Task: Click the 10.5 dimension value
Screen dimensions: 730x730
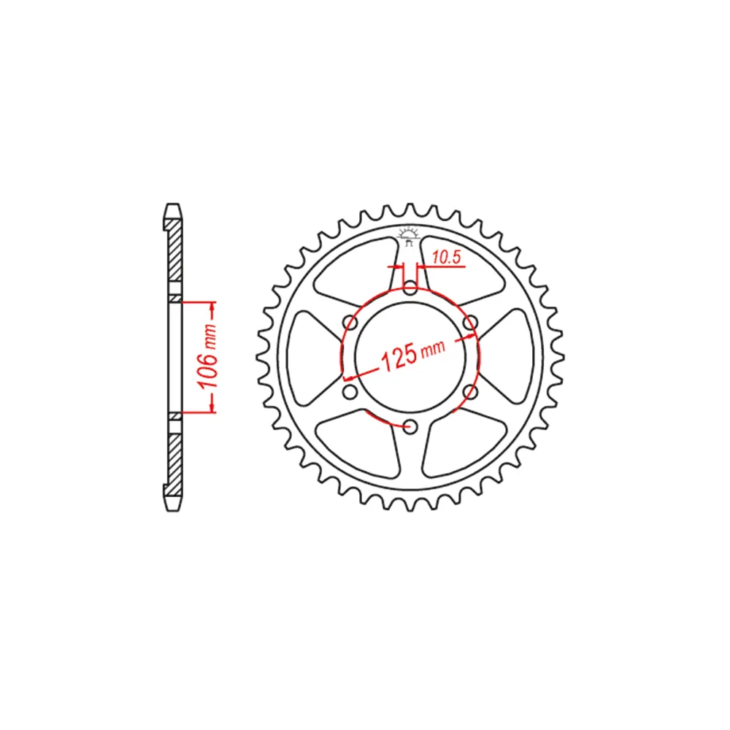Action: pos(446,258)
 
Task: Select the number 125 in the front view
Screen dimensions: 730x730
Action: pos(399,358)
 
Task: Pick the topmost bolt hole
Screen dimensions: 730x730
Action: pos(410,287)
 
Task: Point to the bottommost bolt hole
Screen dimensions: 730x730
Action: pos(410,426)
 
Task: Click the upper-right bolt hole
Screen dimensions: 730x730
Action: pos(471,322)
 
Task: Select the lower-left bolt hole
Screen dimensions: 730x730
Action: pos(350,392)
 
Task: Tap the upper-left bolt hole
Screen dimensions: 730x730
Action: pos(350,322)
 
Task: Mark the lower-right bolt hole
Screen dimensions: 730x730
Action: pos(471,392)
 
